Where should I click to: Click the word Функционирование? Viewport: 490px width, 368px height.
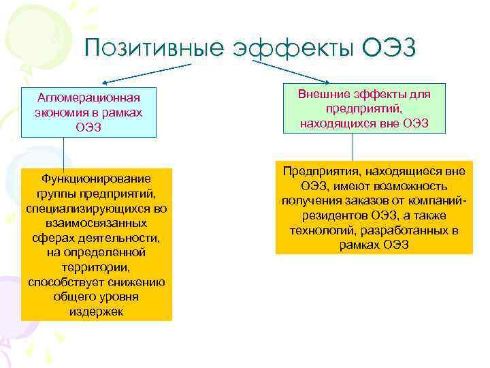pos(97,179)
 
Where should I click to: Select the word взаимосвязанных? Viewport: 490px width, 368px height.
pos(97,224)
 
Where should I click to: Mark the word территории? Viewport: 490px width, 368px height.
pos(96,268)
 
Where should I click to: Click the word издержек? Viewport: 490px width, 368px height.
pos(96,311)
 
